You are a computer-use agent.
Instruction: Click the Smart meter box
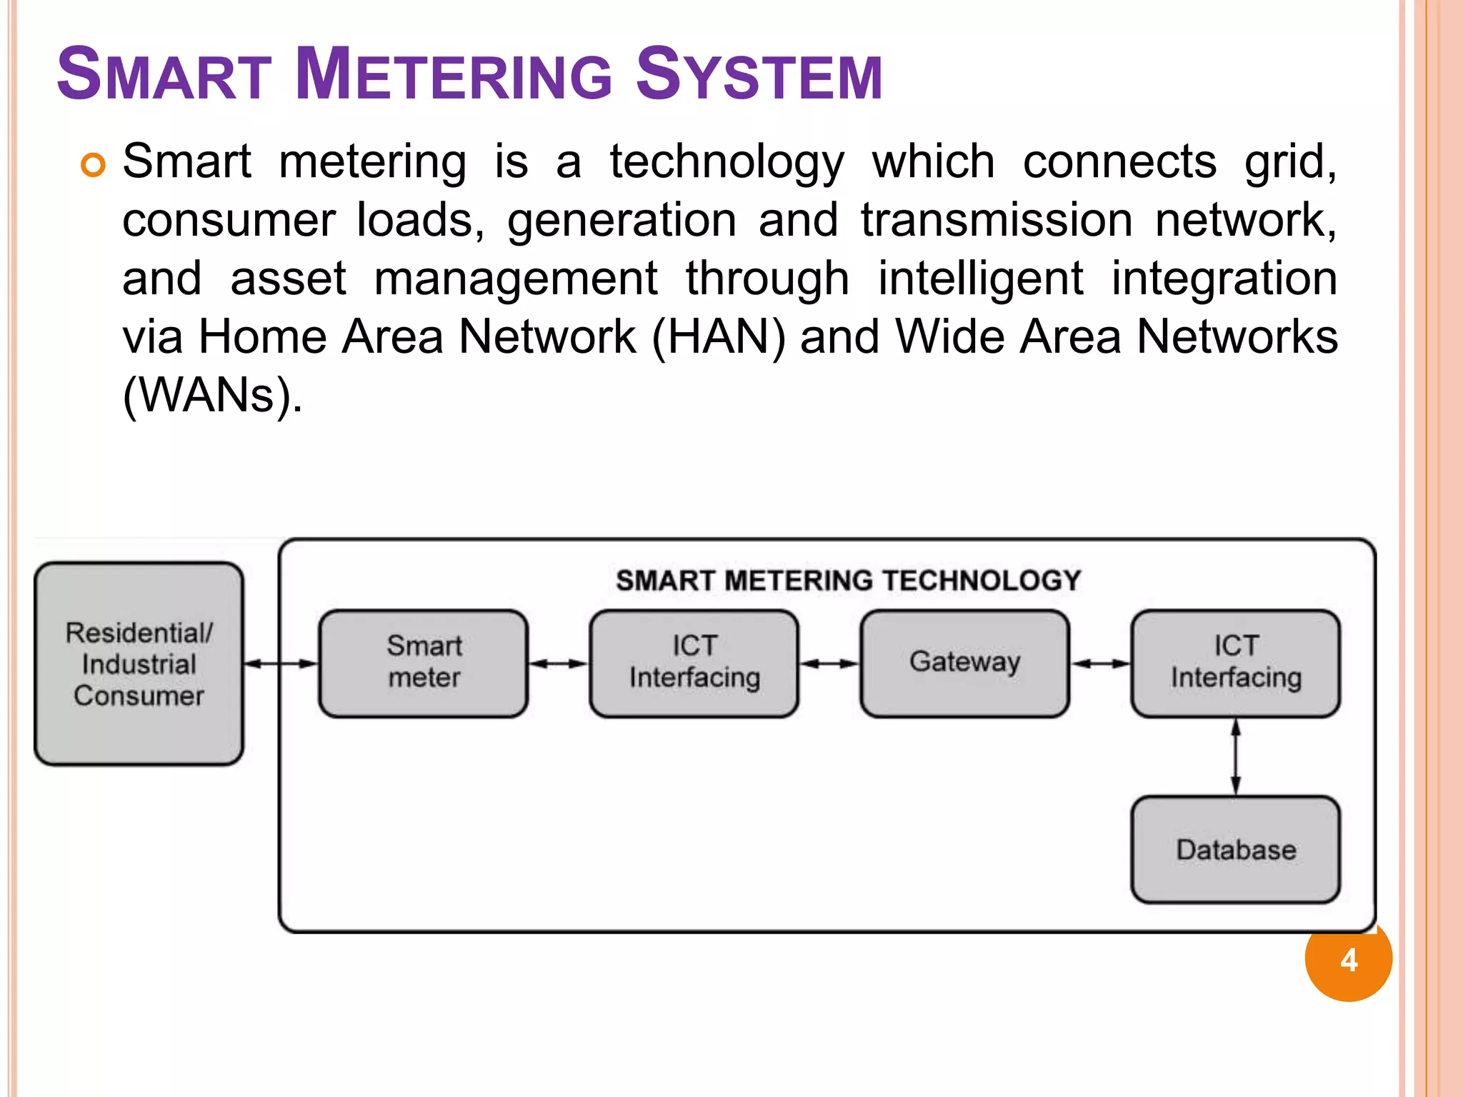tap(424, 663)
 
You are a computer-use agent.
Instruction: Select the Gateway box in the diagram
tap(964, 663)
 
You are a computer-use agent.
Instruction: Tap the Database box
tap(1235, 850)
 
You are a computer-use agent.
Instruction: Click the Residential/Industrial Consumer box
tap(139, 663)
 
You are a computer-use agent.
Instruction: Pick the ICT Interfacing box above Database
tap(1235, 663)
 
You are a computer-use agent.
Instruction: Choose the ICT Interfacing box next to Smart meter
tap(694, 663)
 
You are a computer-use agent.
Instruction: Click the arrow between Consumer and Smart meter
tap(281, 663)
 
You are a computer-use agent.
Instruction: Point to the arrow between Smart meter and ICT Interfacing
tap(559, 663)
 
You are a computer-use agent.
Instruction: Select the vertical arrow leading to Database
tap(1236, 756)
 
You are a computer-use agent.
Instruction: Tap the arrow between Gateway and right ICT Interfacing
tap(1100, 663)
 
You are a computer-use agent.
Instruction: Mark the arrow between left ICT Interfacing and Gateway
tap(829, 663)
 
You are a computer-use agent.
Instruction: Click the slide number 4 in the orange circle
tap(1349, 959)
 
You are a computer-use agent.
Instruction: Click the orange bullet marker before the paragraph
tap(94, 165)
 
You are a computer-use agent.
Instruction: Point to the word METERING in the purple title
tap(453, 74)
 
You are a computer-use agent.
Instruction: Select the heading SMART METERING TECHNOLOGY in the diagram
tap(849, 580)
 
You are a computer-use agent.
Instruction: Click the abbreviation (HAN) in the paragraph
tap(719, 336)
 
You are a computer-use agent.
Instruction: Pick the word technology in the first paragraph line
tap(726, 162)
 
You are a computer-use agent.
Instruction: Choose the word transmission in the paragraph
tap(997, 219)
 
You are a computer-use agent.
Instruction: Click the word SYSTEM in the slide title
tap(759, 74)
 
